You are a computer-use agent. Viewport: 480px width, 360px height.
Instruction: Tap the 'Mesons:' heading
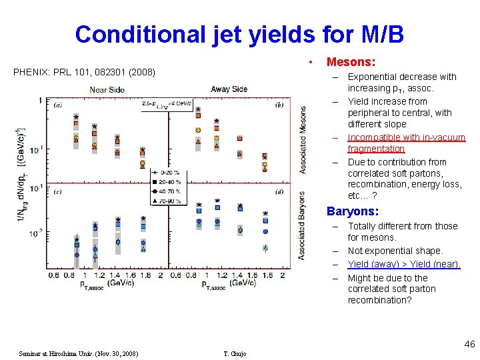pos(351,62)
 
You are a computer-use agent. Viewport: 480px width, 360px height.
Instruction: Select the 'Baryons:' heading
pos(352,211)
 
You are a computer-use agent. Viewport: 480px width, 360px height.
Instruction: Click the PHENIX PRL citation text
pos(84,71)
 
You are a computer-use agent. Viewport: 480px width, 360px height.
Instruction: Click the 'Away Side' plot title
pos(229,89)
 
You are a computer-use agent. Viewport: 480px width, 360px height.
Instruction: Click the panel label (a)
pos(59,105)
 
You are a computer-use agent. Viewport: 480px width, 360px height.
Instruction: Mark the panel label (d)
pos(279,193)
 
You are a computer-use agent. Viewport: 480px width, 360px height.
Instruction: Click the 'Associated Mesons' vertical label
pos(303,140)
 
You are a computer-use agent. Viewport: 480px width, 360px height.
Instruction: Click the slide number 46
pos(469,344)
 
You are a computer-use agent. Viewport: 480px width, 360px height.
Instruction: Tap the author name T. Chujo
pos(234,353)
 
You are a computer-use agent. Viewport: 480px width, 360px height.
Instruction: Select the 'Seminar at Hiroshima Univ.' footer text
pos(79,353)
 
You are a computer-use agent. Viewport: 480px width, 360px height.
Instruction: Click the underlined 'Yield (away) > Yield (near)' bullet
pos(403,264)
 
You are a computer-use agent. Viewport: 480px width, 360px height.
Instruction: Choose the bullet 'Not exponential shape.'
pos(395,251)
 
